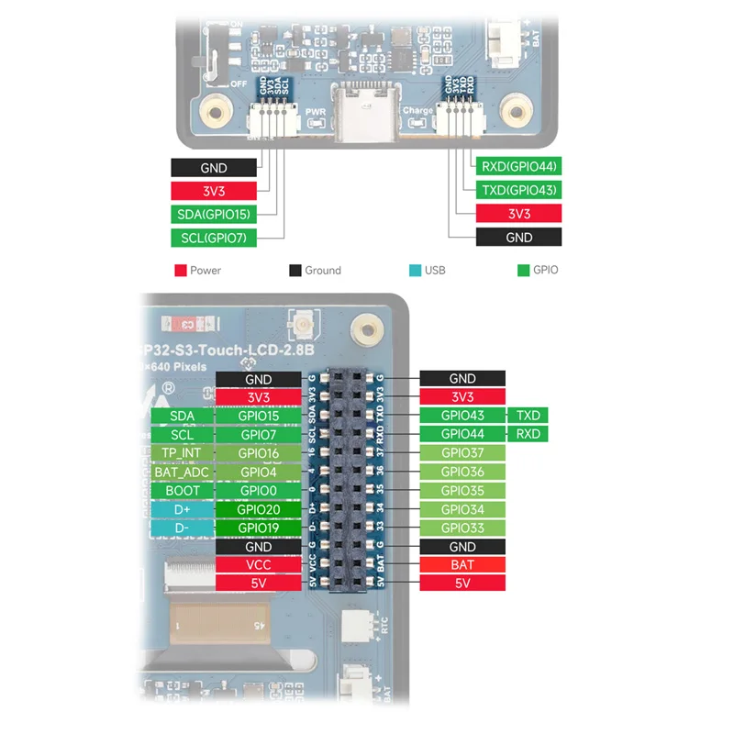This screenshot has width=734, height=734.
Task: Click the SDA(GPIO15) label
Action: pyautogui.click(x=212, y=215)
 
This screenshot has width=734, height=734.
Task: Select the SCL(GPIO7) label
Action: pyautogui.click(x=212, y=238)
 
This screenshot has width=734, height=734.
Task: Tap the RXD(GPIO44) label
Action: pyautogui.click(x=519, y=167)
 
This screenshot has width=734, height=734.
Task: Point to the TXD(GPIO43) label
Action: pyautogui.click(x=519, y=190)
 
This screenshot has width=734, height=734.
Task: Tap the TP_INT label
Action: pyautogui.click(x=182, y=453)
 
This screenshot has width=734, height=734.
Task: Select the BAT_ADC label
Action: pyautogui.click(x=182, y=473)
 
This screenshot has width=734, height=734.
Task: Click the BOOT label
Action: pyautogui.click(x=182, y=491)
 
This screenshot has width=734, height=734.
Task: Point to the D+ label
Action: pyautogui.click(x=182, y=510)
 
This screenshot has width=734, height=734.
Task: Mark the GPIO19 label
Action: pyautogui.click(x=258, y=528)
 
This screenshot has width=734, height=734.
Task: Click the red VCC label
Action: pyautogui.click(x=258, y=565)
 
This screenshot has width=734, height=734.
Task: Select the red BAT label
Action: pyautogui.click(x=462, y=565)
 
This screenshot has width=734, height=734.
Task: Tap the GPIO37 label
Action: pyautogui.click(x=462, y=453)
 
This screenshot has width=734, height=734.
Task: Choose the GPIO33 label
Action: pyautogui.click(x=462, y=528)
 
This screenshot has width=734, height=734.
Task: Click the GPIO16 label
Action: pyautogui.click(x=258, y=453)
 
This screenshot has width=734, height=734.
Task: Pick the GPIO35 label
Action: pyautogui.click(x=462, y=491)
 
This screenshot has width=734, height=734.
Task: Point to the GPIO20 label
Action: pyautogui.click(x=258, y=510)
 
